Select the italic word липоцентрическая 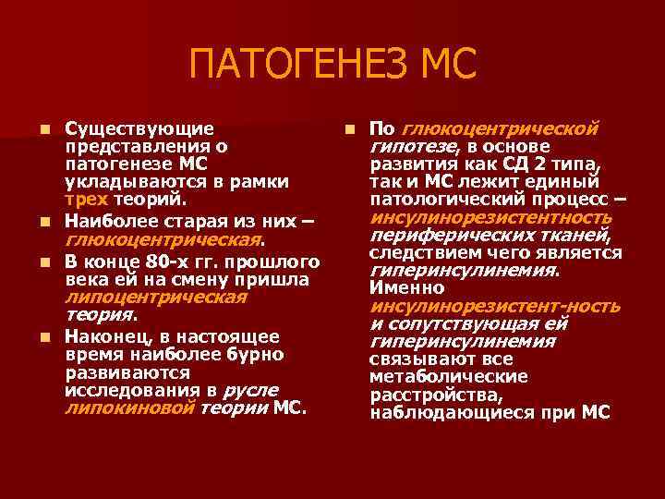(155, 297)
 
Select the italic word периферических (441, 236)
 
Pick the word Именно (405, 288)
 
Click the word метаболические (449, 376)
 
